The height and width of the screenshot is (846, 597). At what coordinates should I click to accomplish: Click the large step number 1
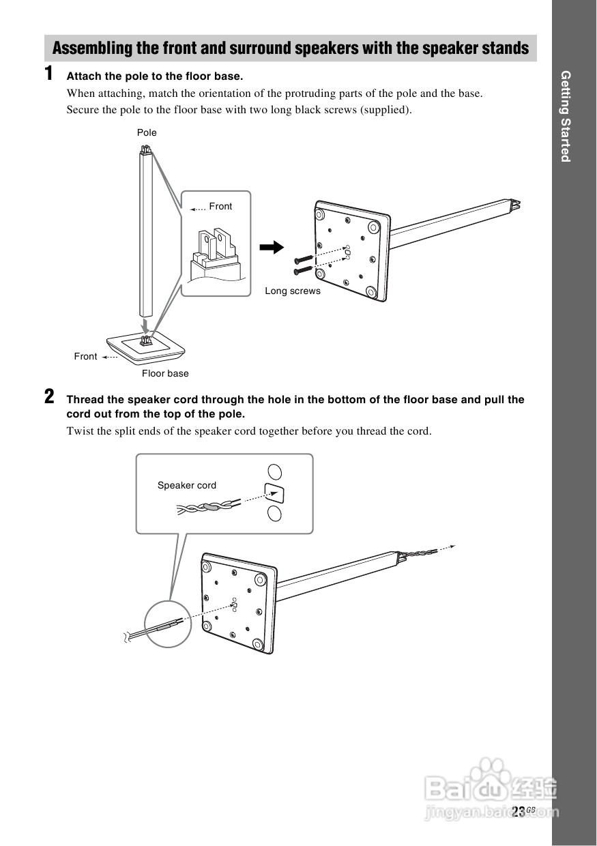[x=49, y=74]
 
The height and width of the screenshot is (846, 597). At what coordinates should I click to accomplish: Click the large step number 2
[x=49, y=396]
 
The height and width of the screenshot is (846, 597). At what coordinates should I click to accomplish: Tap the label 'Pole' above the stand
[x=147, y=132]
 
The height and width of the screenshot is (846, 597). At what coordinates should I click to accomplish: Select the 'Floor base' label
[x=165, y=373]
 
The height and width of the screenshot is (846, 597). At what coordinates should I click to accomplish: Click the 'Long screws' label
[x=292, y=291]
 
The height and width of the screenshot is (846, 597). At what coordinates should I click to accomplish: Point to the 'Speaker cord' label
[x=186, y=485]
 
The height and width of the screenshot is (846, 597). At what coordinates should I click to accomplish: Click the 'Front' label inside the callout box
[x=220, y=206]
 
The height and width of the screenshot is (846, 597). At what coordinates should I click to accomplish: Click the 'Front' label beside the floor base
[x=85, y=356]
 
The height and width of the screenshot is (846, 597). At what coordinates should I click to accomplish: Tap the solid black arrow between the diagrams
[x=272, y=247]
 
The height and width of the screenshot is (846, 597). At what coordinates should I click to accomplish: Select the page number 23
[x=518, y=811]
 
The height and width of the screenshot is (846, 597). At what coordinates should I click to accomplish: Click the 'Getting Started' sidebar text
[x=565, y=116]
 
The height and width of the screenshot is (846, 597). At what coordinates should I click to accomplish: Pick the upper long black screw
[x=304, y=260]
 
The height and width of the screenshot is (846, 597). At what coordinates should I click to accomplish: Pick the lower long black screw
[x=304, y=271]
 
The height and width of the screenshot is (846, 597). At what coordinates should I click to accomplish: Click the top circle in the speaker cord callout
[x=274, y=471]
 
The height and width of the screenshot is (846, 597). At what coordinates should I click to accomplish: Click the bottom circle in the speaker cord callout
[x=274, y=514]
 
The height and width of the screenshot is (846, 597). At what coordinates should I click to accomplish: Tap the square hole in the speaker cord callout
[x=274, y=493]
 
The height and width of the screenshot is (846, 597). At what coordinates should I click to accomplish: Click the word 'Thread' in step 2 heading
[x=85, y=400]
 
